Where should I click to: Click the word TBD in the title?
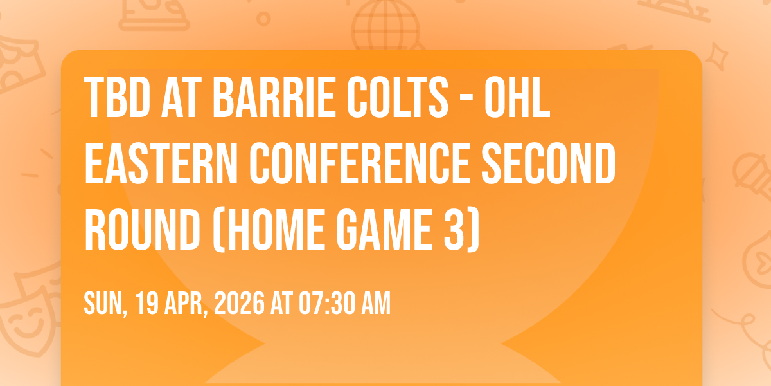point(117,98)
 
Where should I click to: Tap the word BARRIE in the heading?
point(274,98)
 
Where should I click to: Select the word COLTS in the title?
point(398,98)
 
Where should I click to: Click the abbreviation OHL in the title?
point(517,98)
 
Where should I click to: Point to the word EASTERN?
point(161,163)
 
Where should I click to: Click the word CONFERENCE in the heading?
point(360,163)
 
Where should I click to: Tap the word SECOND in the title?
point(549,163)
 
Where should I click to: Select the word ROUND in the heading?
point(142,230)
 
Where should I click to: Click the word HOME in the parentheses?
point(275,230)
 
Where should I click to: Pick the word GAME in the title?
point(384,230)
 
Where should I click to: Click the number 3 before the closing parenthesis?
point(454,230)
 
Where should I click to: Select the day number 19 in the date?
point(146,303)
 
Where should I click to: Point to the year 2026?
point(240,303)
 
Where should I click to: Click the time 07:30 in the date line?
point(326,303)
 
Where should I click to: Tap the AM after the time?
point(376,303)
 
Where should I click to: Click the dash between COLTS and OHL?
point(466,99)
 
